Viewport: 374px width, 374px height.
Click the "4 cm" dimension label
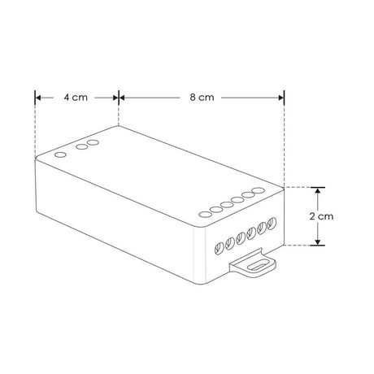point(76,97)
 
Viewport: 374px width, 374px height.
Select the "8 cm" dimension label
point(201,97)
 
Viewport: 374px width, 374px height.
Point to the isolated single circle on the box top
point(60,153)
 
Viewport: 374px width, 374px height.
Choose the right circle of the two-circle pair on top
point(93,144)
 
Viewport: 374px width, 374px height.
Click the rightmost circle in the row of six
point(259,191)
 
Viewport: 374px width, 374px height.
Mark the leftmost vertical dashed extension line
point(35,130)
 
